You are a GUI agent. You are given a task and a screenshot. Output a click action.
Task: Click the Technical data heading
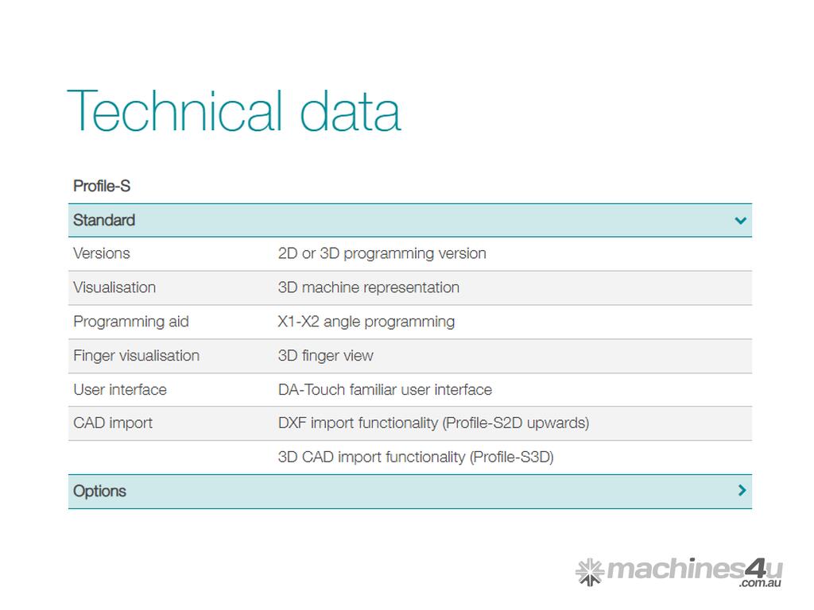pos(235,110)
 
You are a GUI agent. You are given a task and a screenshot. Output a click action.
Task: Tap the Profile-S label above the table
pos(102,186)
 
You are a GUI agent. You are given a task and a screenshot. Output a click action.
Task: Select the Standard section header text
pos(104,220)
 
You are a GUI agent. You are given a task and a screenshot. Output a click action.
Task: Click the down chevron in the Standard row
pos(741,221)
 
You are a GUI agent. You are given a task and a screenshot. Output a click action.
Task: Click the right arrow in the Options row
pos(742,490)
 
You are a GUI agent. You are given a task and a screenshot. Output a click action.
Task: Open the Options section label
pos(99,491)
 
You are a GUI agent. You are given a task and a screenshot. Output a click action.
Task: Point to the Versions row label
pos(102,253)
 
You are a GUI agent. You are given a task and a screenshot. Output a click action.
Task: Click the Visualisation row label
pos(114,288)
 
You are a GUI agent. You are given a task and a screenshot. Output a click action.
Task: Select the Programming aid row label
pos(131,322)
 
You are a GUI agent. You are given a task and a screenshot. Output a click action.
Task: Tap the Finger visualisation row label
pos(137,356)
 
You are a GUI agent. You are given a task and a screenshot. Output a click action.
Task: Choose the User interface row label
pos(120,389)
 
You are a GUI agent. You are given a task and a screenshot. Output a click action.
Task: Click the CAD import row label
pos(113,423)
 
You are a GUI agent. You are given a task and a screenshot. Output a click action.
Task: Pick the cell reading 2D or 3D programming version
pos(382,253)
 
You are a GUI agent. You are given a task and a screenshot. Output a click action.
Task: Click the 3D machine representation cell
pos(369,288)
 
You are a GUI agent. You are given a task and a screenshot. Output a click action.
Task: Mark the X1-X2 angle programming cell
pos(366,322)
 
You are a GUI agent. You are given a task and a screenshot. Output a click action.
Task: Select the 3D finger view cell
pos(325,356)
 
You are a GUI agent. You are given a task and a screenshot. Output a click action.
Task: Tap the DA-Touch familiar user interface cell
pos(386,389)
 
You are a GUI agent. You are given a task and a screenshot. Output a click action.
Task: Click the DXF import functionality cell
pos(433,423)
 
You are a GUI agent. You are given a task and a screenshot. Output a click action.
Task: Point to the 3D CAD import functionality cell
pos(416,457)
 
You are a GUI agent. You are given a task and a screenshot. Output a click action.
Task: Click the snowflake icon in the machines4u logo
pos(590,572)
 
